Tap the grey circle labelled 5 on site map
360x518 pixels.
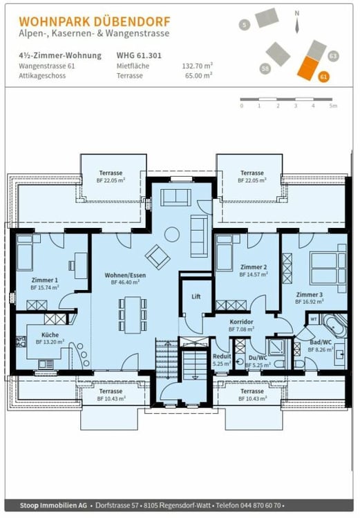244,25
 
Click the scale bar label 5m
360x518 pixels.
333,106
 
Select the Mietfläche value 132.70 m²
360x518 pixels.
196,66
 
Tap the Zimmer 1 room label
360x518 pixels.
46,280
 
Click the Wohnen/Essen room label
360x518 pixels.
122,275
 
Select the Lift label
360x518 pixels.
196,296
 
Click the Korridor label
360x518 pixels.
242,322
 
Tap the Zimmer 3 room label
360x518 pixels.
309,294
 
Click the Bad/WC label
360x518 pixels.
321,343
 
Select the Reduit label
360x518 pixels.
221,356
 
